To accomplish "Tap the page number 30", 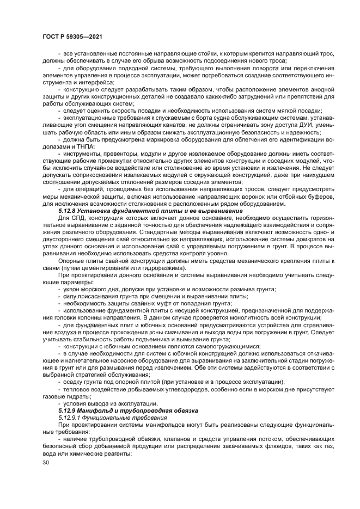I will click(45, 462).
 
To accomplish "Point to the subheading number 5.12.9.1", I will click(72, 416).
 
